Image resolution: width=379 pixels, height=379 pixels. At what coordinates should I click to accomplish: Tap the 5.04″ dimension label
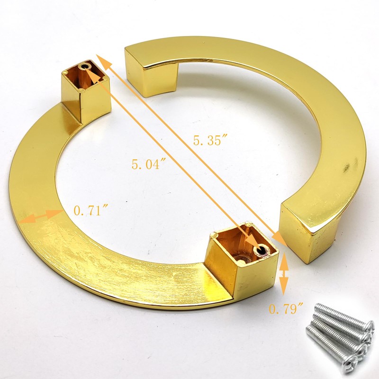pyautogui.click(x=148, y=165)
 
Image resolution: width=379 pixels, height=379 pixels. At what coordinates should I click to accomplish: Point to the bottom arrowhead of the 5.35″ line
pyautogui.click(x=281, y=240)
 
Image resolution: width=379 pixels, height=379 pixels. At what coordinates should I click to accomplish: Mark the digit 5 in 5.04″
pyautogui.click(x=135, y=165)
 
